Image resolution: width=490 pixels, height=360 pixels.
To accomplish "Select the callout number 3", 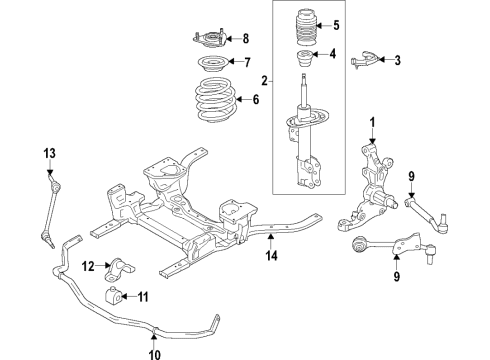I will click(x=397, y=61).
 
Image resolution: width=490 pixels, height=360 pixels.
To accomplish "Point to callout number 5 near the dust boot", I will click(x=336, y=25).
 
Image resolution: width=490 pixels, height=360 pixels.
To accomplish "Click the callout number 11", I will click(x=142, y=296).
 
